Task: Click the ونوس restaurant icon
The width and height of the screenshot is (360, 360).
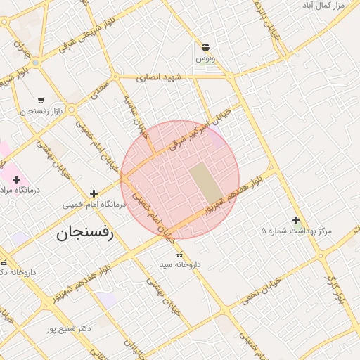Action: (x=205, y=47)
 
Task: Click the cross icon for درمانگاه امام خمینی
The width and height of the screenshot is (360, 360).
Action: (x=94, y=193)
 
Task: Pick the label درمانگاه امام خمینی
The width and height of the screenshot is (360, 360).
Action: (x=94, y=205)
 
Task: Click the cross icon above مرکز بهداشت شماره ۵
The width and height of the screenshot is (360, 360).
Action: (x=296, y=220)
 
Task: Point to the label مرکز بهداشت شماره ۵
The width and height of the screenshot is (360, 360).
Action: (x=296, y=231)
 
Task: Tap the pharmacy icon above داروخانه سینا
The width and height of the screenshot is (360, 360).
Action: (x=179, y=254)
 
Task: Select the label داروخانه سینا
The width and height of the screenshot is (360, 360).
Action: (x=179, y=265)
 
